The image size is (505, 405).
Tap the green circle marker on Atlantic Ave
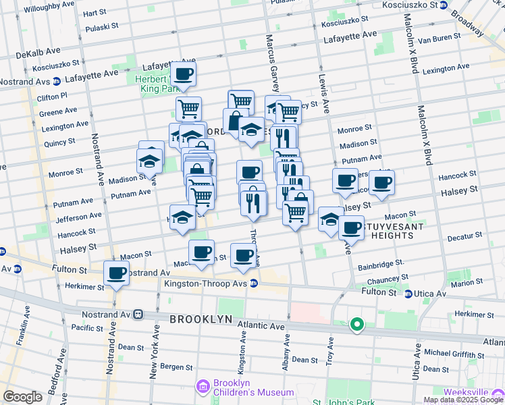[x=356, y=326]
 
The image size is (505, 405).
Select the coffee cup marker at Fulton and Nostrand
[x=116, y=273]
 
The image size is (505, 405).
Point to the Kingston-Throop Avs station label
[x=206, y=283]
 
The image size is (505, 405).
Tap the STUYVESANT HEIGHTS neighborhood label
[x=386, y=232]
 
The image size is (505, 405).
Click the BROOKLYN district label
[x=201, y=319]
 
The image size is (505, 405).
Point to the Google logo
[x=22, y=397]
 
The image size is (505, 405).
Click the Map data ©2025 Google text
[x=463, y=400]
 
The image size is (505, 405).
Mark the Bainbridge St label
[x=380, y=264]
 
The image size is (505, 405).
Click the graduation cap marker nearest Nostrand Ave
[x=149, y=161]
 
